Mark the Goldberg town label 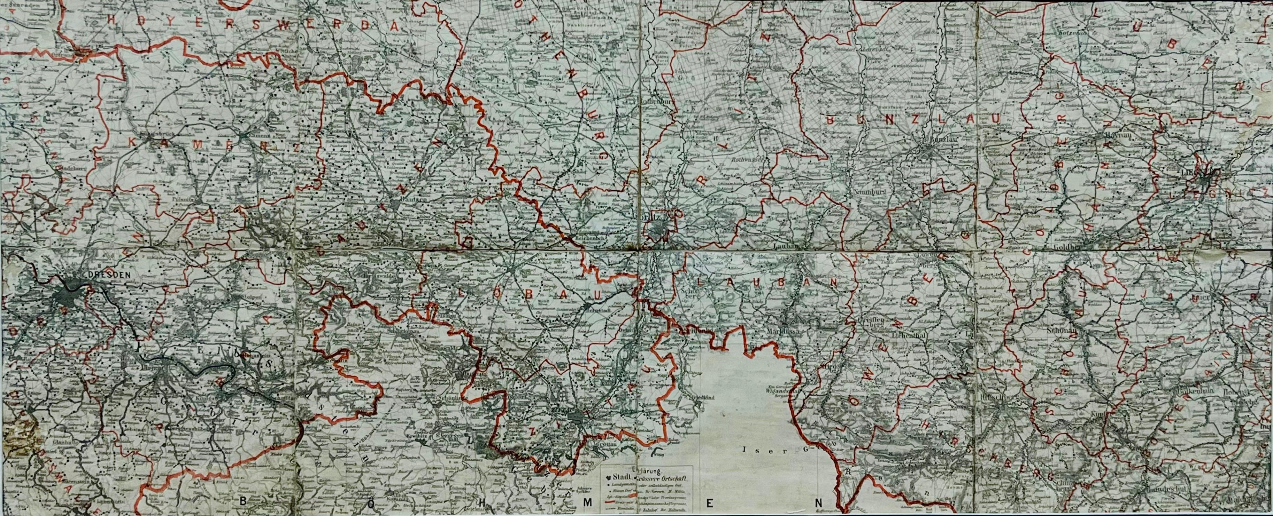(1063, 244)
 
